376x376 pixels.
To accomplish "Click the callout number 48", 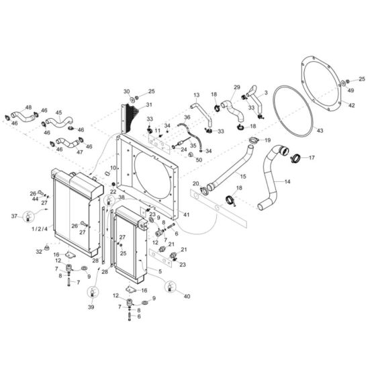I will point(28,107).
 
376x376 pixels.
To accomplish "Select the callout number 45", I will point(58,113).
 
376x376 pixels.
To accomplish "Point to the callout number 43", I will point(320,130).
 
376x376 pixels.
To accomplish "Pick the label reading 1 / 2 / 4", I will point(39,229).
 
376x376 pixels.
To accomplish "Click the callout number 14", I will point(287,182).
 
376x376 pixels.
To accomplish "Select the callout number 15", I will point(243,176).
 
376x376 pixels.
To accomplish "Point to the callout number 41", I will point(186,214).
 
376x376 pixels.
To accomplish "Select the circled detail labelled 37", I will point(28,216).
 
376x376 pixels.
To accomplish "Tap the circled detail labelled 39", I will point(91,292).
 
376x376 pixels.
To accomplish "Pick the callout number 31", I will point(149,105).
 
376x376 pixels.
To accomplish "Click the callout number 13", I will point(197,95).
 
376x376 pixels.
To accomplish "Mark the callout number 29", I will point(236,88).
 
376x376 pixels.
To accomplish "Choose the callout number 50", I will point(199,159).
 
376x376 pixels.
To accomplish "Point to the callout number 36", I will point(187,117).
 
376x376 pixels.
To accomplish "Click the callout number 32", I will point(39,252).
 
